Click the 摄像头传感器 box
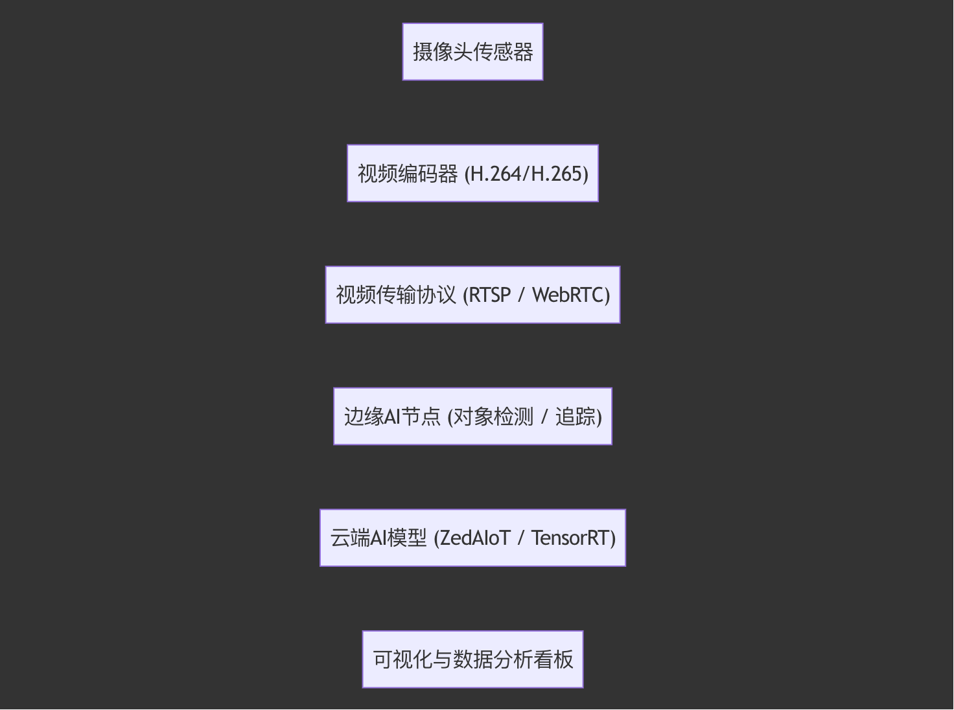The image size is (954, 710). point(472,52)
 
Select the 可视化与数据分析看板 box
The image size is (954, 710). point(472,659)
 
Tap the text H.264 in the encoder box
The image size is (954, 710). point(495,174)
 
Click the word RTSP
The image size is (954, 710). point(489,295)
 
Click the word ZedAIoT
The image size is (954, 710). point(474,538)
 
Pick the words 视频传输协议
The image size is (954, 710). point(396,295)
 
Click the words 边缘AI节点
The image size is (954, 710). point(392,417)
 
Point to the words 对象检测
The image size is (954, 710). point(493,417)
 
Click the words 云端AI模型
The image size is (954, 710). point(378,538)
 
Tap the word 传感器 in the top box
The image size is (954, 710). point(503,52)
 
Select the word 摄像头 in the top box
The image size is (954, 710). point(443,52)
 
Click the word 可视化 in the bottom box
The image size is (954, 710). point(402,659)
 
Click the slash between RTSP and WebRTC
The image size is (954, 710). point(521,295)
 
